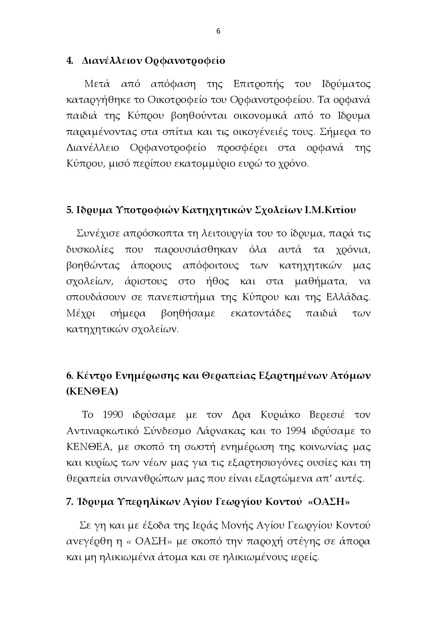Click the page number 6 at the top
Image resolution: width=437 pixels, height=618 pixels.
tap(218, 31)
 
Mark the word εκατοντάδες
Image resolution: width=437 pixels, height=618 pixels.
tap(260, 313)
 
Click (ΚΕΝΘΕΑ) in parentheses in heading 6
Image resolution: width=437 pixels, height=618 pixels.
tap(92, 391)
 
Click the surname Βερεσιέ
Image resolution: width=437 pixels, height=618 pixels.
tap(327, 415)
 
